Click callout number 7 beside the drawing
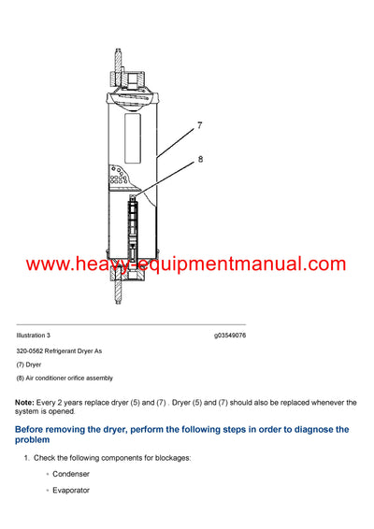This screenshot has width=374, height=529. [197, 123]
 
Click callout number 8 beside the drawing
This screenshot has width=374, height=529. [199, 161]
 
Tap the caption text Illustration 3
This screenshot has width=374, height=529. [34, 335]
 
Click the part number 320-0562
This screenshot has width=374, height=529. [31, 350]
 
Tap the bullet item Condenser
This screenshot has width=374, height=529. [71, 475]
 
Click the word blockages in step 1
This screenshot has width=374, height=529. [166, 457]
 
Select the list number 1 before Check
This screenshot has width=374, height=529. [25, 457]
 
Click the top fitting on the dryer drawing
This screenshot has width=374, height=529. [123, 64]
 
